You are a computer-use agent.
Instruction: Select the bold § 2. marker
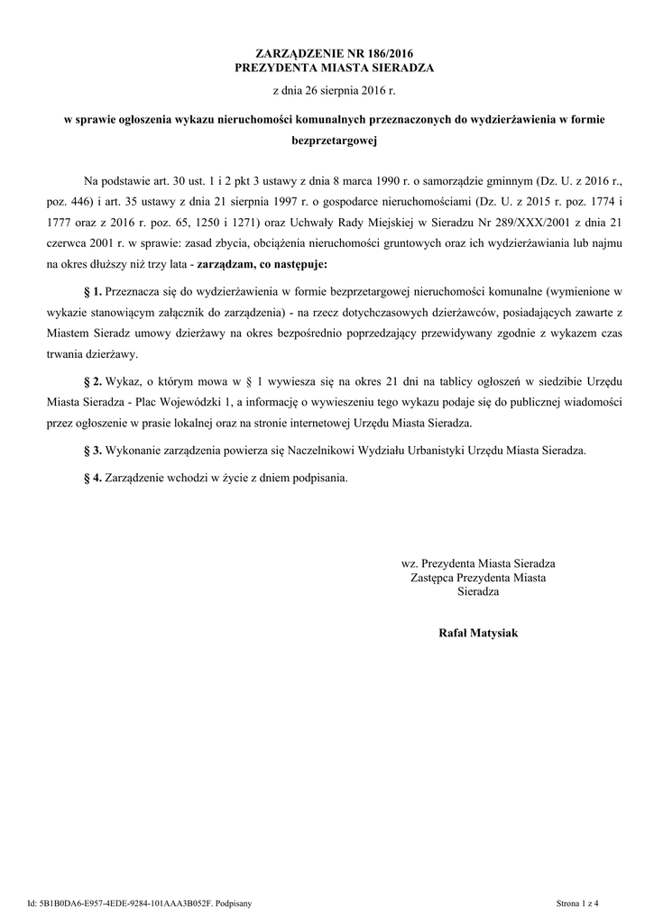coord(92,383)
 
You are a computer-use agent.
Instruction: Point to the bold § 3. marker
coord(92,450)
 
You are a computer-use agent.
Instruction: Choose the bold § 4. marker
coord(92,477)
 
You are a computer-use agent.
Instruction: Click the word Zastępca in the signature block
coord(431,578)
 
